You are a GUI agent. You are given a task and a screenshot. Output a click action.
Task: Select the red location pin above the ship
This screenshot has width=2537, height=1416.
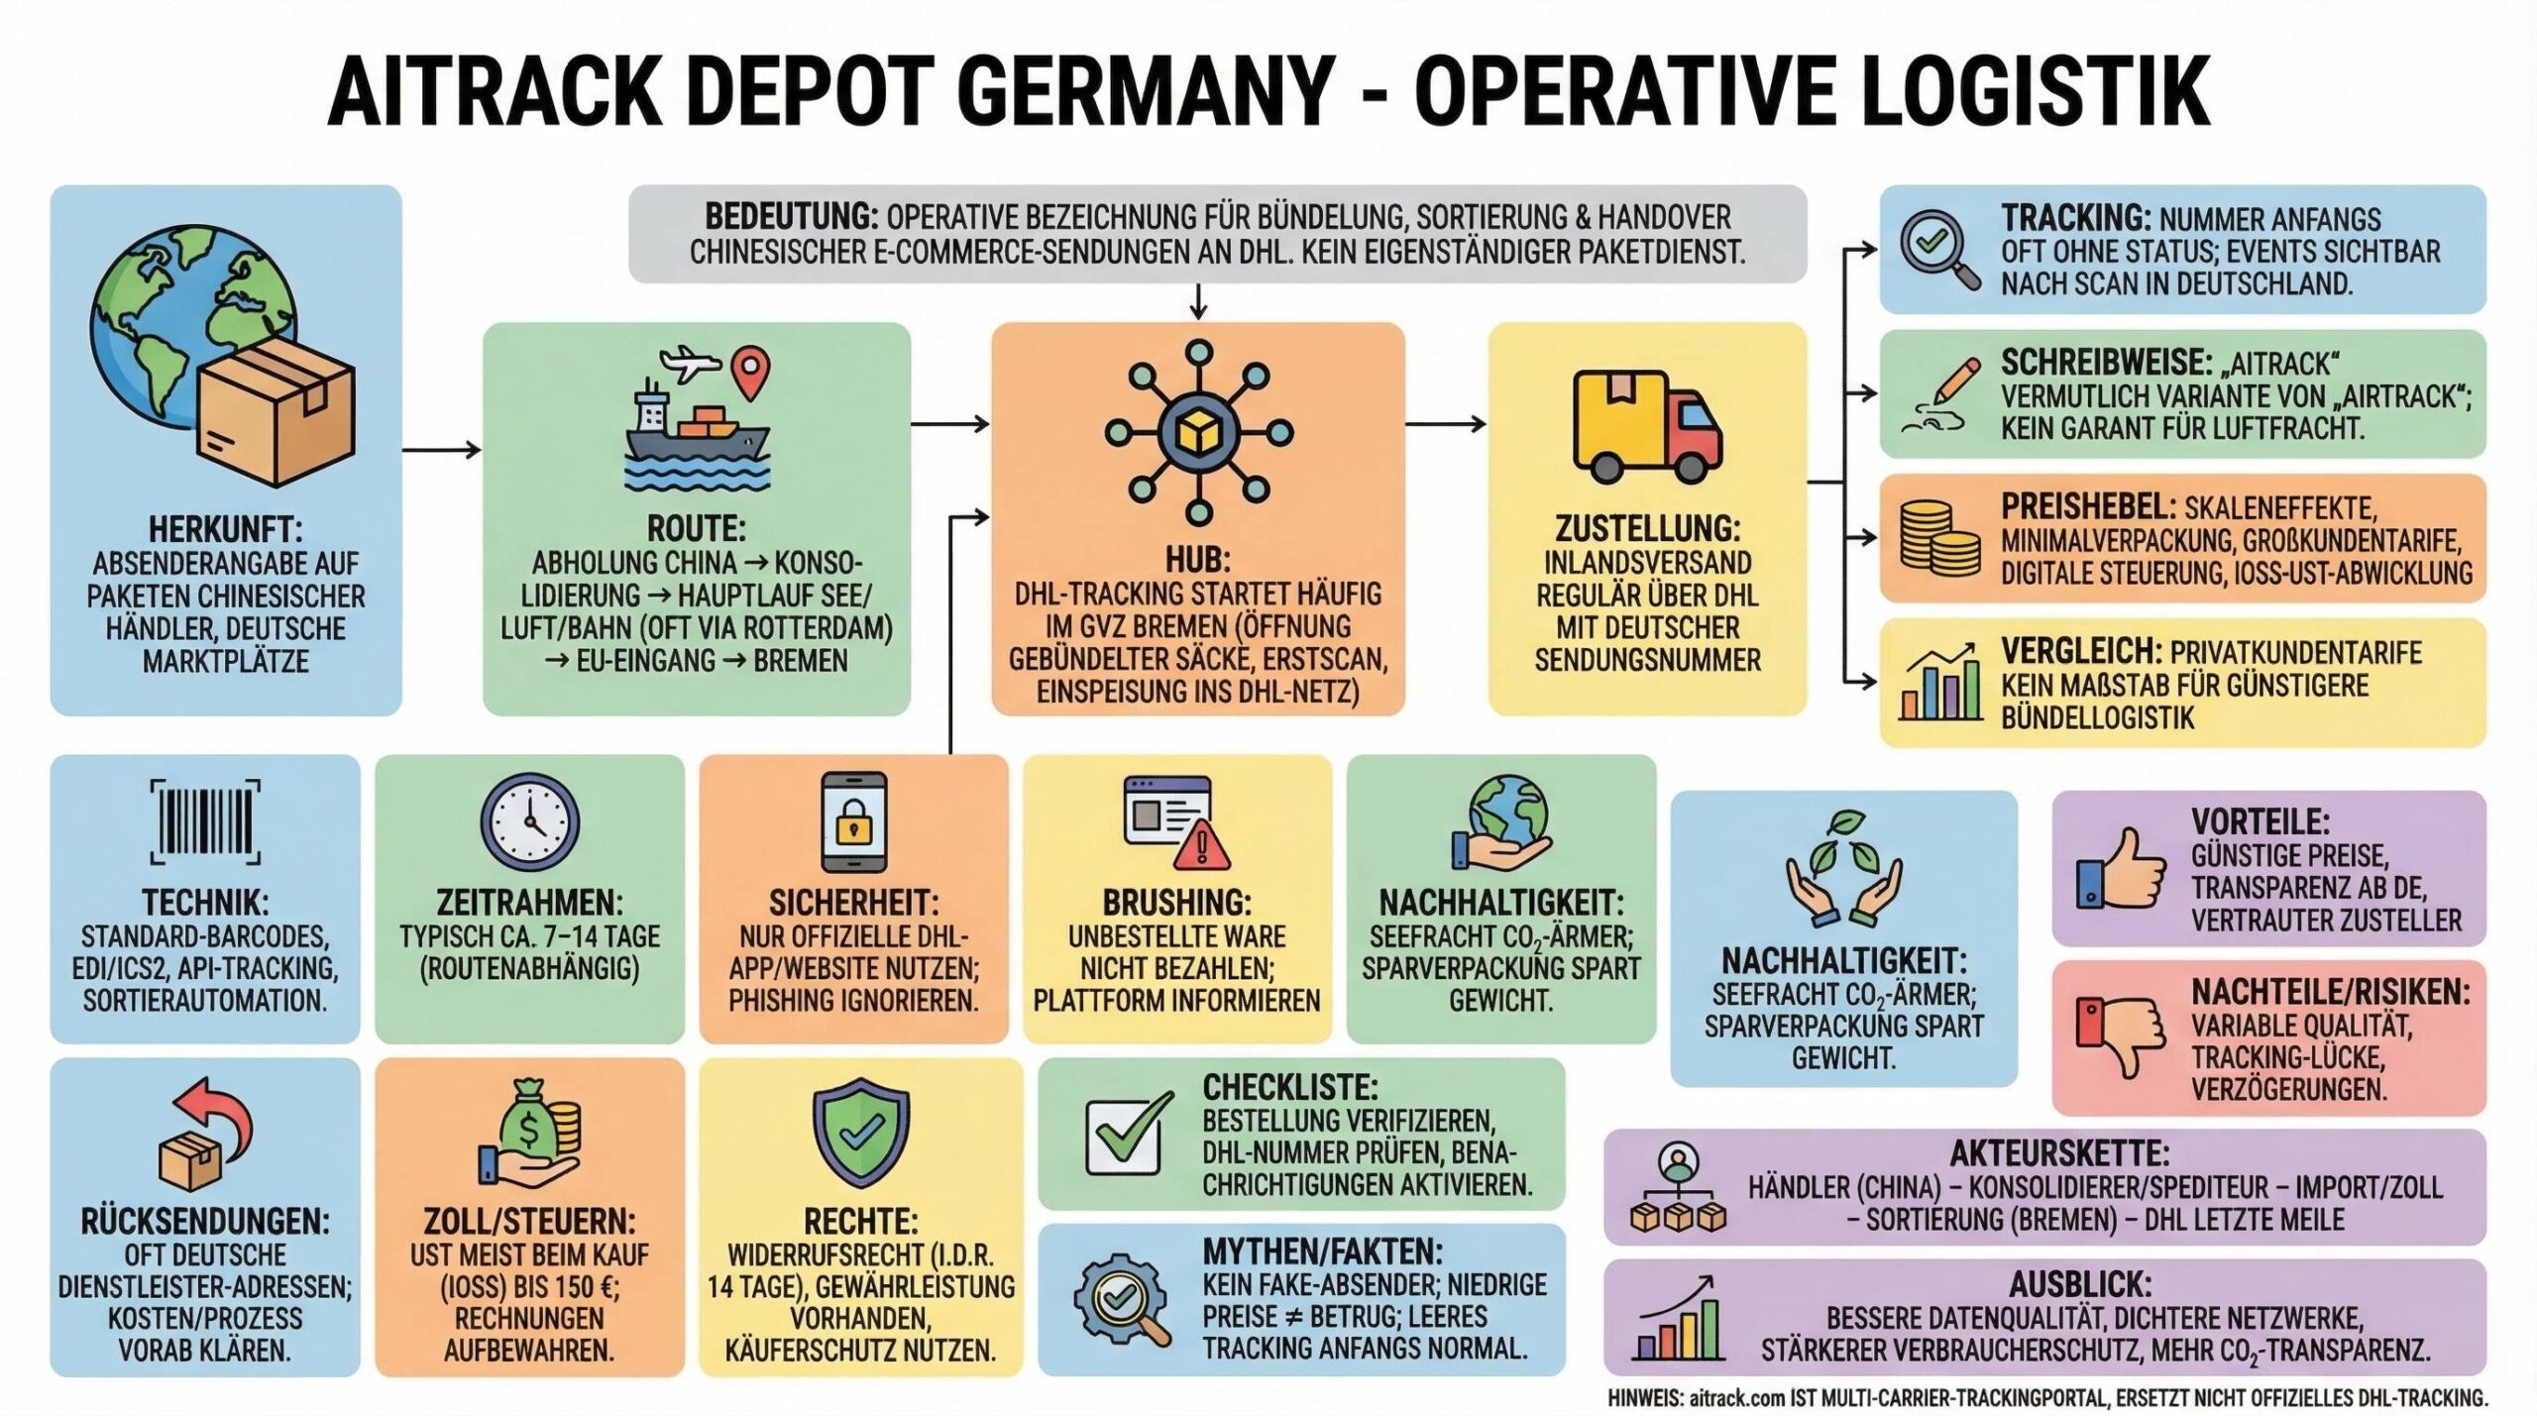click(749, 372)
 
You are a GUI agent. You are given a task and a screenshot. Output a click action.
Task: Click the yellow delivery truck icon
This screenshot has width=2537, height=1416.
click(1647, 423)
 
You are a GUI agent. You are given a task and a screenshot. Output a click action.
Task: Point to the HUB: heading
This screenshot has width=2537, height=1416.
click(1197, 560)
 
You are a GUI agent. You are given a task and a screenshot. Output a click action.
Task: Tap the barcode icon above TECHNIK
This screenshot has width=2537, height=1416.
click(205, 821)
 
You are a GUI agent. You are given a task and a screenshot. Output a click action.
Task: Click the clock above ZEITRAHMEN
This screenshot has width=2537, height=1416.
click(529, 822)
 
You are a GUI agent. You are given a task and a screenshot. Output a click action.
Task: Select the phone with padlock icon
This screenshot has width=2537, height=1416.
click(853, 822)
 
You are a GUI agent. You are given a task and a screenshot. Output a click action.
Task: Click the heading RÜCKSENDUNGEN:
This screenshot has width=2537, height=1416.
click(205, 1222)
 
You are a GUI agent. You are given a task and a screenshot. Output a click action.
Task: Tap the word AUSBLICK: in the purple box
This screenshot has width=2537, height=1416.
click(2080, 1285)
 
